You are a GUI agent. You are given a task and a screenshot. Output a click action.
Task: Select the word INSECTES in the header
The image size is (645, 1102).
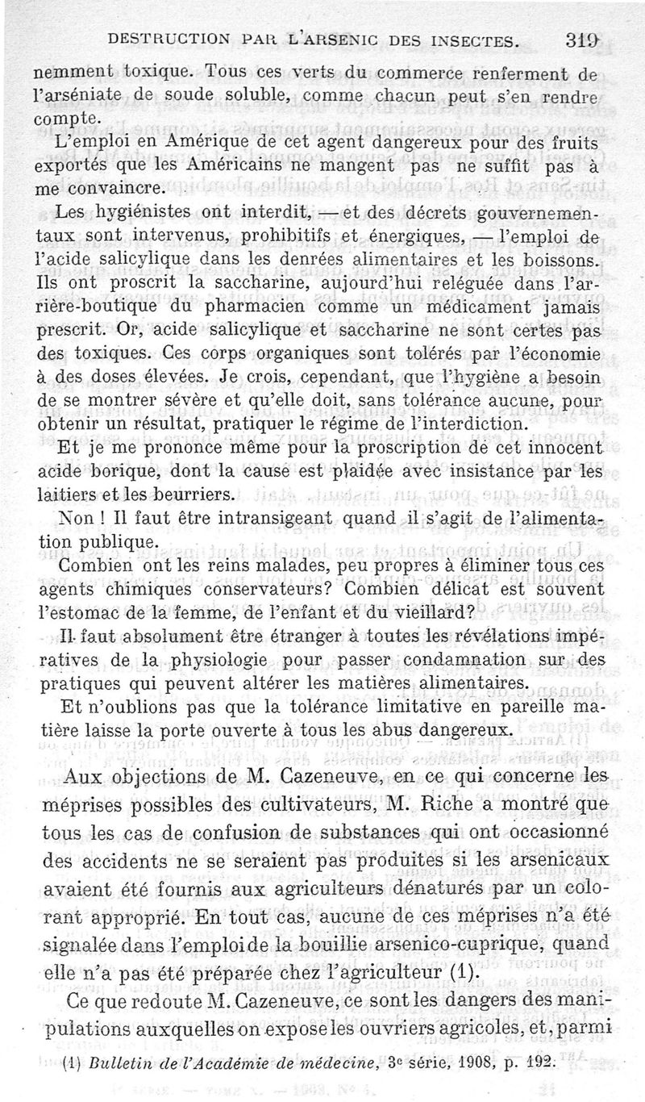(463, 39)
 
